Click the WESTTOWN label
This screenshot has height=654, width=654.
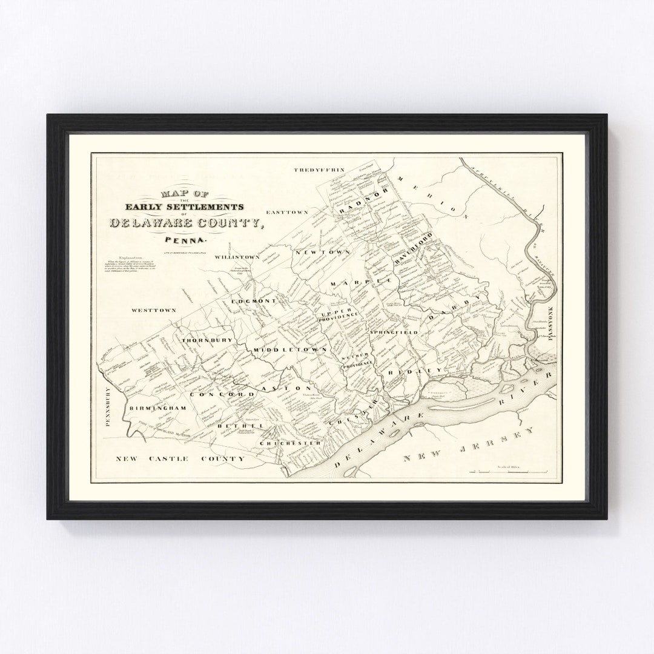tap(154, 310)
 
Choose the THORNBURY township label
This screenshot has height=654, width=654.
tap(207, 340)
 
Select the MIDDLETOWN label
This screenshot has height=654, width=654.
tap(290, 350)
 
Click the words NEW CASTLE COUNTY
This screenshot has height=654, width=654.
tap(180, 459)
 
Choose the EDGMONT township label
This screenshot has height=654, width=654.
tap(254, 301)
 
